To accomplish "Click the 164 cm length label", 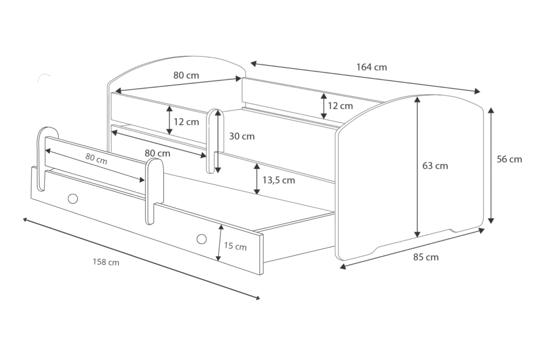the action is pos(371,67).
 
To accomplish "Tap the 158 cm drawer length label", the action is pos(106,262).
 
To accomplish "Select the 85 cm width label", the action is pos(426,257).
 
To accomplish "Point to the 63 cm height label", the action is pos(435,166).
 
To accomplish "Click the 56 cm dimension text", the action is pos(509,159).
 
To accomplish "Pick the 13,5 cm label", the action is pos(278,180).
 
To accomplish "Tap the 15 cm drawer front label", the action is pos(235,246).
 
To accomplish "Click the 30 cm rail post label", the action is pos(242,136).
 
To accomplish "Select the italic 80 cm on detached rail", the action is pos(96,159).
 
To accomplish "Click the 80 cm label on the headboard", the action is pos(186,76).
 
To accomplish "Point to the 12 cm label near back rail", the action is pos(340,106).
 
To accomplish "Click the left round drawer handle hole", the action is pos(73,198).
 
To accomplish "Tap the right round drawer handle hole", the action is pos(201,239).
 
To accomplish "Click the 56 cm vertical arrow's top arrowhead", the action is pos(491,110).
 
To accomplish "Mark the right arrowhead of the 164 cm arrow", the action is pos(477,91).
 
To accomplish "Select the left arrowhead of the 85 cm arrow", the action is pos(343,266).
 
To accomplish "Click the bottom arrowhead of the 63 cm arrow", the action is pos(417,234).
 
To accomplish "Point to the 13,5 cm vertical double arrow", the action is pos(257,179).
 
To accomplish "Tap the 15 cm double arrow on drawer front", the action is pos(219,243).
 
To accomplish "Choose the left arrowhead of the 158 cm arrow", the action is pos(25,219).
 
